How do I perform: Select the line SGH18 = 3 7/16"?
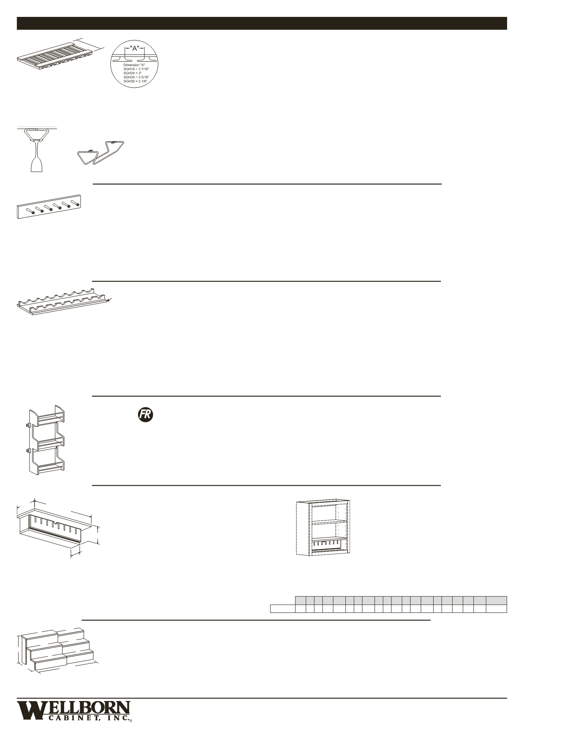pyautogui.click(x=136, y=68)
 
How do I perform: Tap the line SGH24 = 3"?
pyautogui.click(x=133, y=73)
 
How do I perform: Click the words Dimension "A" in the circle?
pyautogui.click(x=134, y=65)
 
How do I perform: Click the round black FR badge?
pyautogui.click(x=145, y=414)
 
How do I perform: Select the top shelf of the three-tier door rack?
pyautogui.click(x=51, y=419)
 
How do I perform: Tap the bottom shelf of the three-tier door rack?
pyautogui.click(x=51, y=467)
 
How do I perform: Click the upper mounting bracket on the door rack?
pyautogui.click(x=28, y=426)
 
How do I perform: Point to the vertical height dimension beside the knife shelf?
pyautogui.click(x=99, y=535)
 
